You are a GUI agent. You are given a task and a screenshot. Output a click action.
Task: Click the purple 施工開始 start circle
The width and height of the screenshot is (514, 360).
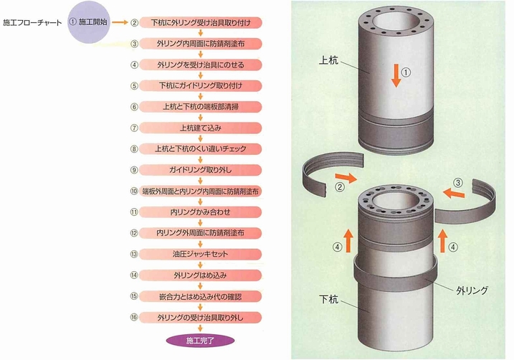(x=89, y=22)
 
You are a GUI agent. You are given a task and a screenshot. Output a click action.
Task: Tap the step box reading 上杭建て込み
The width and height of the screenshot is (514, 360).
(x=201, y=128)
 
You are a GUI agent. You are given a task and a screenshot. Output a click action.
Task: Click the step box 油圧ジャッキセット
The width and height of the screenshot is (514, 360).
(x=201, y=254)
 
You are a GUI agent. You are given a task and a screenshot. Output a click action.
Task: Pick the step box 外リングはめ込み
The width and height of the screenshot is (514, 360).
(x=201, y=275)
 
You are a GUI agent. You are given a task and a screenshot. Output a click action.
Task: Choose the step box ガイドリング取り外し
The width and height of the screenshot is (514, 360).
(x=201, y=170)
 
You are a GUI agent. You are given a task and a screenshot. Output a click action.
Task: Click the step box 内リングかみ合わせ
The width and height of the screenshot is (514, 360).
(x=201, y=212)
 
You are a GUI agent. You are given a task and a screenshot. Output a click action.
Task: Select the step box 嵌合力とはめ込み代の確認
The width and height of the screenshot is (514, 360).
(x=201, y=295)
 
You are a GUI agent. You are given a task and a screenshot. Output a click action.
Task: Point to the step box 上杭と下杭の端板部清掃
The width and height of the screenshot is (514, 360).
(x=201, y=107)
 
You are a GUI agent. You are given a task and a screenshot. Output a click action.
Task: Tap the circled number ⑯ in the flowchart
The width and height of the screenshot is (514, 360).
(x=134, y=317)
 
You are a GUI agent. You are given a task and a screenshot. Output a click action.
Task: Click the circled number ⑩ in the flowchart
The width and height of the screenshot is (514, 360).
(x=134, y=191)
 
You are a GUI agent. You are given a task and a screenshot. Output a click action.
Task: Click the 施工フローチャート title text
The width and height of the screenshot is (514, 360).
(x=32, y=23)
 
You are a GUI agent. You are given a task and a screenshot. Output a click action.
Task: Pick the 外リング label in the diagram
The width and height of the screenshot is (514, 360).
(x=472, y=290)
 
